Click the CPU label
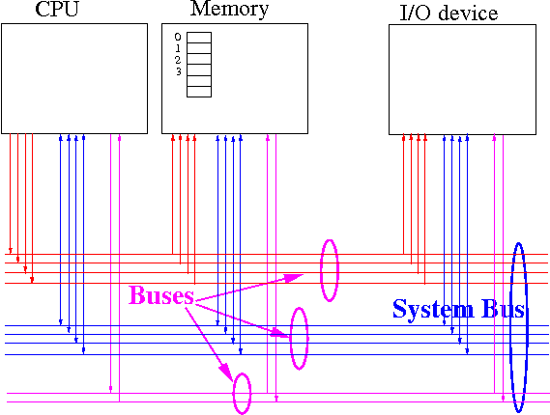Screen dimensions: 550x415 click(57, 9)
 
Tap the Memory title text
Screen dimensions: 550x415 click(229, 9)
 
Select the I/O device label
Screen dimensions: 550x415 click(449, 14)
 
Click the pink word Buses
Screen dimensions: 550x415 click(161, 295)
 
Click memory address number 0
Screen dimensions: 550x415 click(178, 37)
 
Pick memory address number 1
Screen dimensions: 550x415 click(178, 48)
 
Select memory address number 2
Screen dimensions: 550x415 click(178, 60)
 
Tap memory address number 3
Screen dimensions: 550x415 click(179, 71)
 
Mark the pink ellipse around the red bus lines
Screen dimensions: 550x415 click(321, 270)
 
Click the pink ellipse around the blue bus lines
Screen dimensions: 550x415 click(291, 339)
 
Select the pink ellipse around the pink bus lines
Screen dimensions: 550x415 click(234, 394)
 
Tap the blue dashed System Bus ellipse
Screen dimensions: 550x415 click(510, 327)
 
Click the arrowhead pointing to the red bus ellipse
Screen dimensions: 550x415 click(294, 278)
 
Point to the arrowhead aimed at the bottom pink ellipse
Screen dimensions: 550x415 click(226, 373)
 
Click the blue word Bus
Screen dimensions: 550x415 click(503, 309)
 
